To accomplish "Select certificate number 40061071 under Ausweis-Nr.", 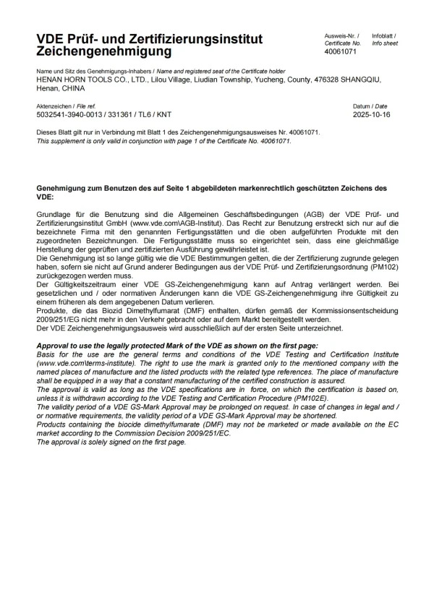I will point(341,52).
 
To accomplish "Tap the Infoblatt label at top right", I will point(383,35).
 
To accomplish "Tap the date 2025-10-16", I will point(371,114).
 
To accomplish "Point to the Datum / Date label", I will point(370,106).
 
